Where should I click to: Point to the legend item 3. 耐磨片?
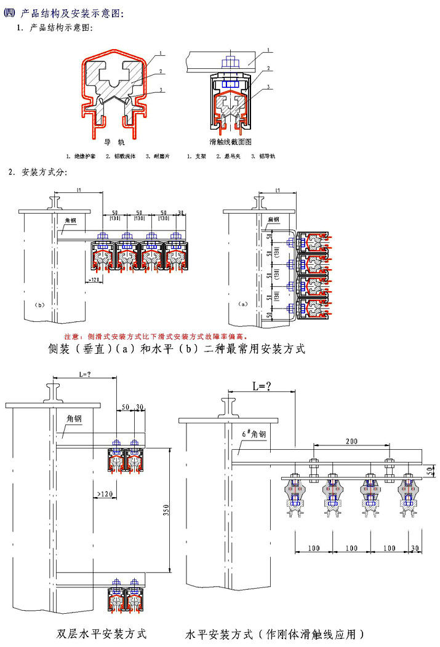[x=156, y=156]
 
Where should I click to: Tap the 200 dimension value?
[x=351, y=441]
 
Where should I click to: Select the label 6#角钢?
[x=254, y=434]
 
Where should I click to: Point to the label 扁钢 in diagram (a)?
[x=274, y=220]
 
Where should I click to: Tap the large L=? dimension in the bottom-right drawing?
[x=262, y=385]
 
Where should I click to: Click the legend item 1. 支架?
[x=197, y=156]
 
